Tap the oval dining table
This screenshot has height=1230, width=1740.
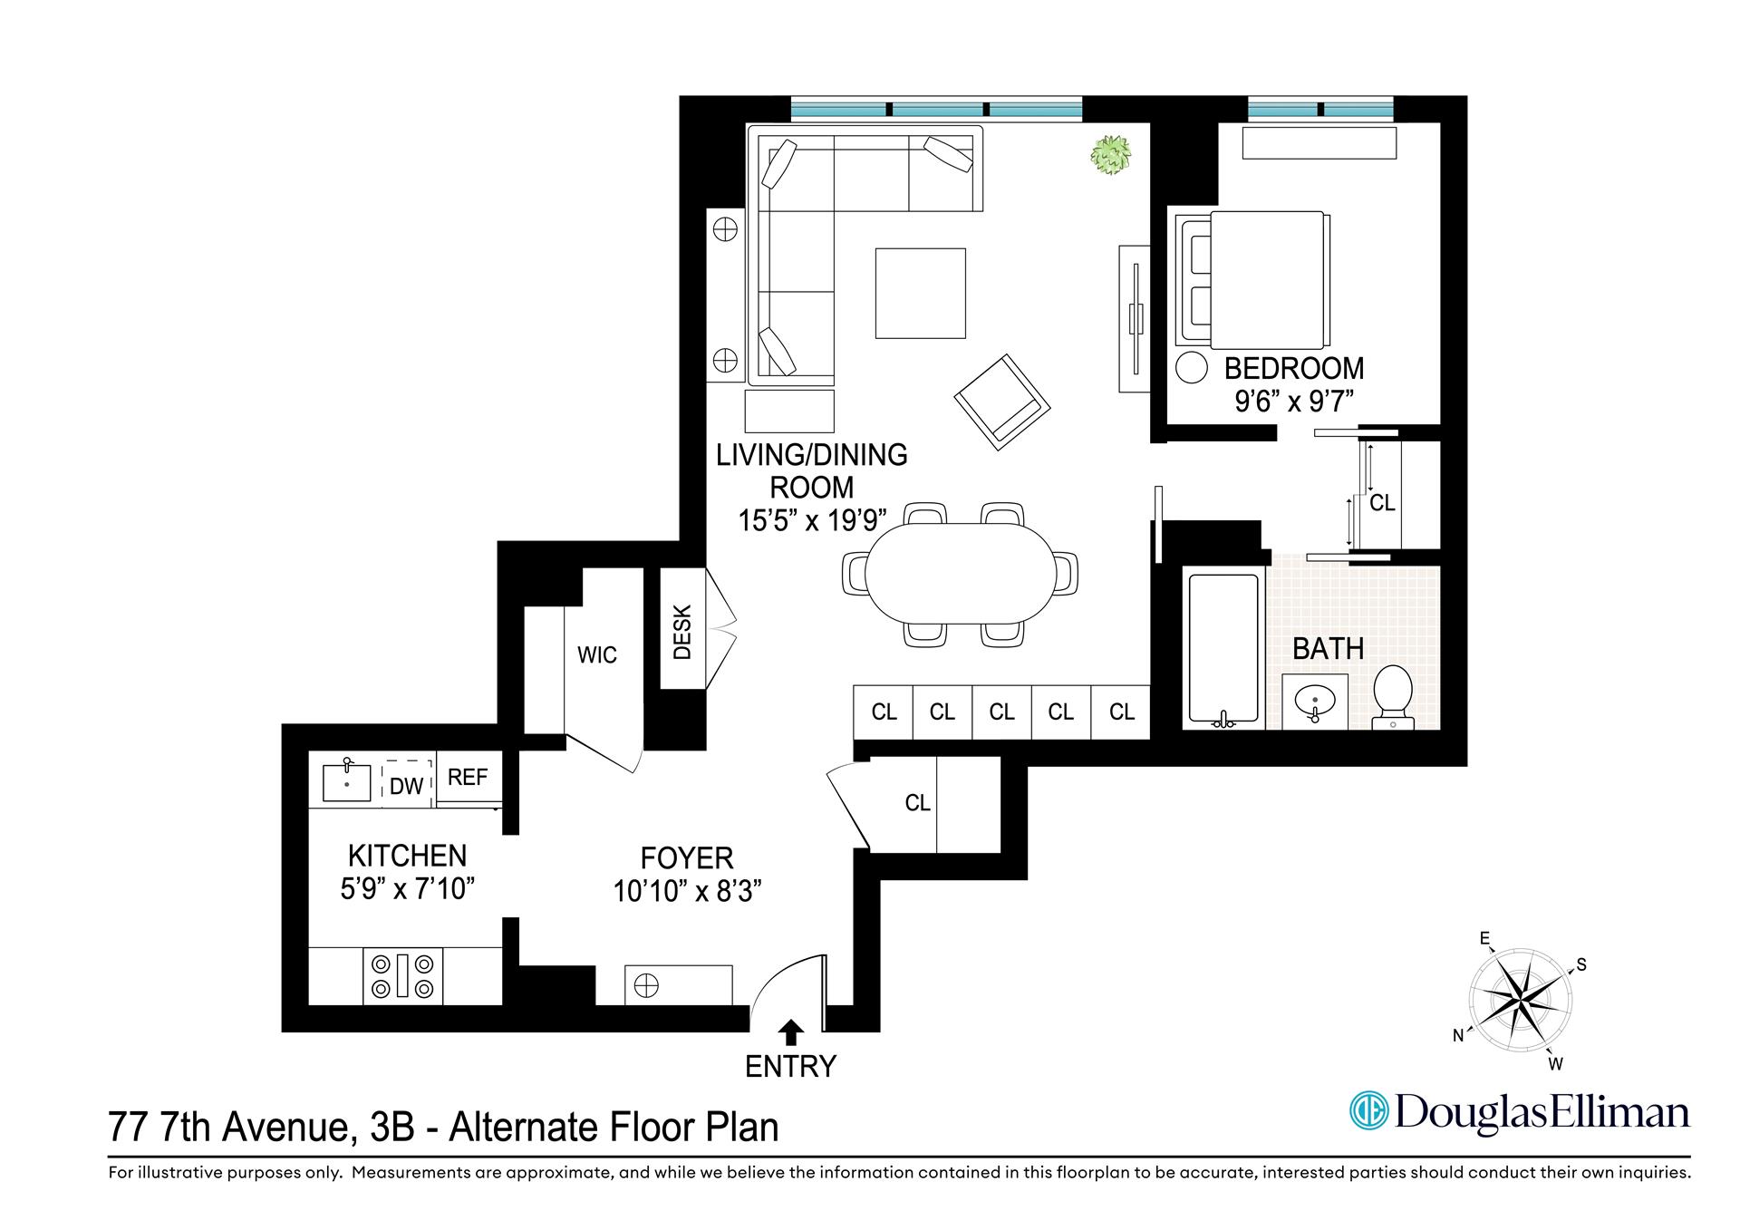click(x=961, y=573)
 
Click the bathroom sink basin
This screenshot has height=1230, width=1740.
click(x=1314, y=701)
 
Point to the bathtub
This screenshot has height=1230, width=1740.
click(x=1223, y=648)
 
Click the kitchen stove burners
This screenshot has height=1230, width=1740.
click(x=403, y=975)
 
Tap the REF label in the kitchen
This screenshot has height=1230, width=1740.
click(x=468, y=777)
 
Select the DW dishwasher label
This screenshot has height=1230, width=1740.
click(x=406, y=786)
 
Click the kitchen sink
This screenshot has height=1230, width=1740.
click(x=347, y=782)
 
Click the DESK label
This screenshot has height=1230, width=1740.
click(x=682, y=631)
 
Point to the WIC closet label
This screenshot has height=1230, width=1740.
click(x=596, y=654)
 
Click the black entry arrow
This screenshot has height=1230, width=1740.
click(x=791, y=1031)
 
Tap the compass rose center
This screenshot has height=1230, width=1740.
click(x=1520, y=1002)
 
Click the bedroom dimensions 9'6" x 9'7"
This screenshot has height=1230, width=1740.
click(x=1293, y=401)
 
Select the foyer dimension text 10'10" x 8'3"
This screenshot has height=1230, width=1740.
click(x=686, y=892)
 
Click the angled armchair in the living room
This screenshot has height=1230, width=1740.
click(x=1001, y=402)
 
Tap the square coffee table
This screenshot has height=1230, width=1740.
click(x=920, y=293)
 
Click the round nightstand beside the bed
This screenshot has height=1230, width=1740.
click(x=1192, y=368)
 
